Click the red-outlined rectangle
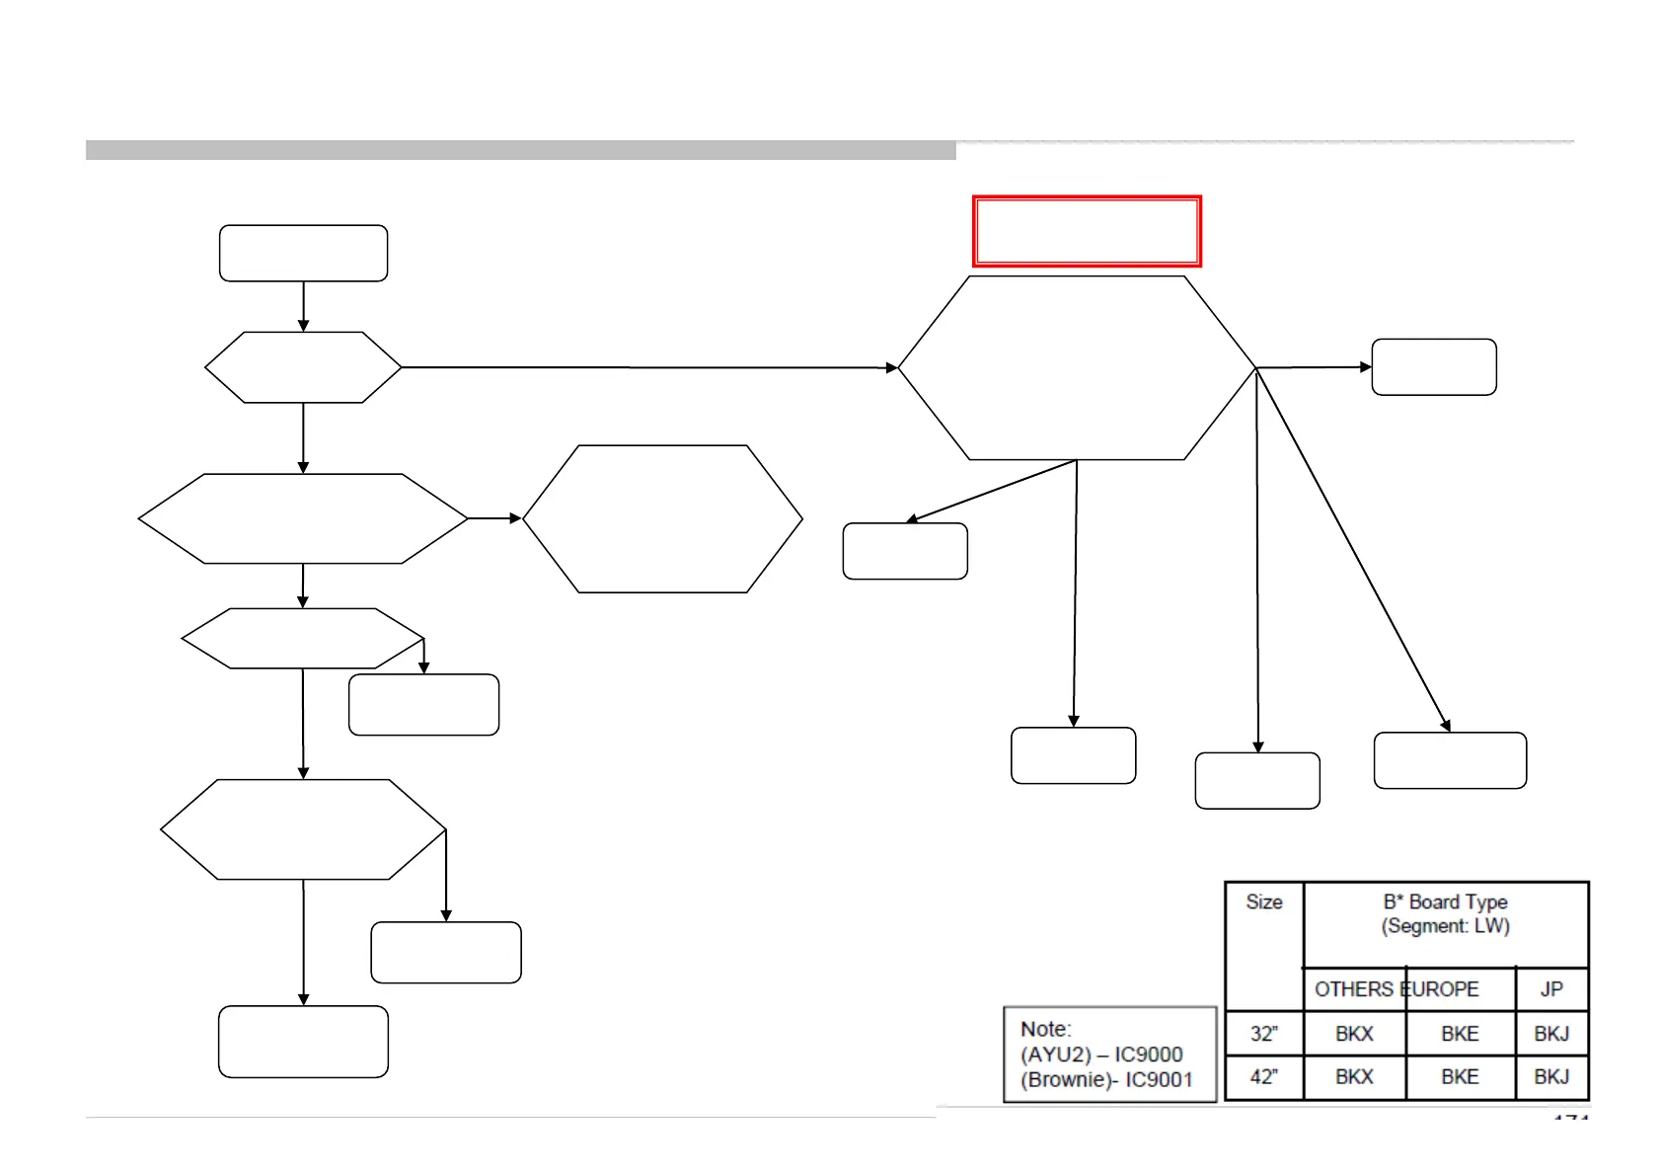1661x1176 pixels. (x=1087, y=231)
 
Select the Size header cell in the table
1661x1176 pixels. (x=1263, y=902)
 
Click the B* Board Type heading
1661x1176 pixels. (x=1445, y=902)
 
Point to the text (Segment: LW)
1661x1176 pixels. (x=1445, y=926)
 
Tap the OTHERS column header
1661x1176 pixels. (x=1353, y=989)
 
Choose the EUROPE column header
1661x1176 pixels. (x=1440, y=989)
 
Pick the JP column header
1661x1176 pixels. (x=1551, y=989)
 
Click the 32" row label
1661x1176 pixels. (x=1263, y=1034)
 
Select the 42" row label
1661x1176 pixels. (x=1263, y=1077)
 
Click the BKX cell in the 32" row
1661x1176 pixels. (x=1354, y=1034)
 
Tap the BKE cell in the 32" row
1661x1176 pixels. (x=1460, y=1034)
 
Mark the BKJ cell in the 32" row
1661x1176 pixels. (x=1551, y=1034)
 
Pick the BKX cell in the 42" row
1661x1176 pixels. (x=1354, y=1077)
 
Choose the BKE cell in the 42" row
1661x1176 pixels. (x=1460, y=1077)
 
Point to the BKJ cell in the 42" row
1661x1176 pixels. (x=1551, y=1077)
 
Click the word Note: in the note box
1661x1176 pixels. (x=1045, y=1029)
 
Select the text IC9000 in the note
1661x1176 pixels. (x=1148, y=1055)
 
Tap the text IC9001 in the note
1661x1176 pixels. (x=1159, y=1080)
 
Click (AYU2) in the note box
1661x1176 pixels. (x=1056, y=1055)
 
